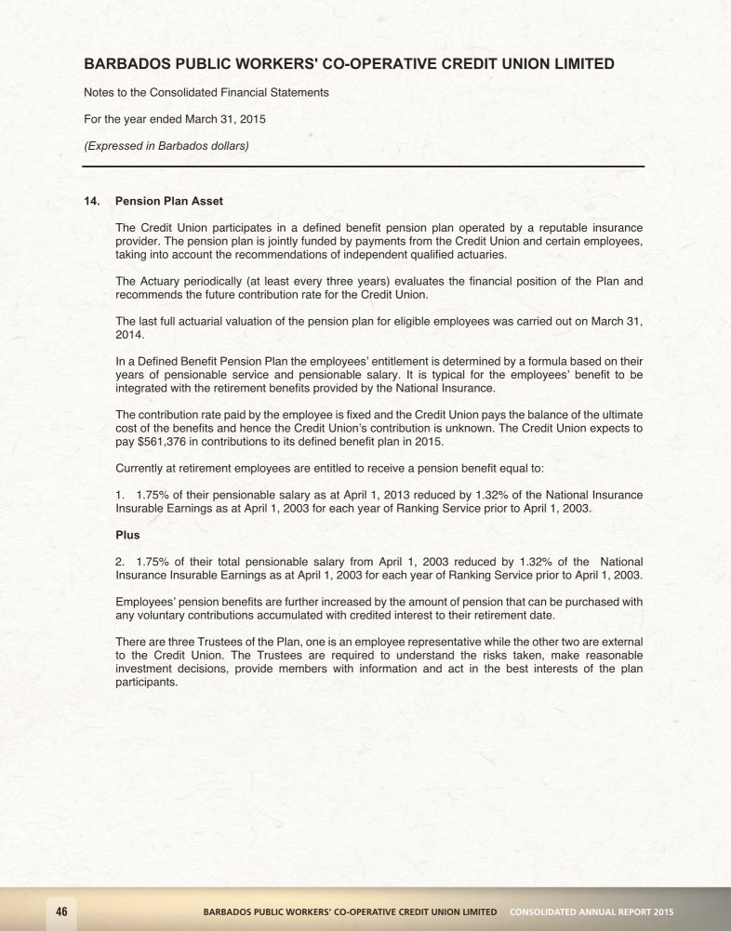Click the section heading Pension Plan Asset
coord(169,201)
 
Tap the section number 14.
coord(92,201)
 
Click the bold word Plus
coord(127,535)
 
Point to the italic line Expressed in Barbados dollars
coord(166,145)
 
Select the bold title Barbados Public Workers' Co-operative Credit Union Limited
coord(349,64)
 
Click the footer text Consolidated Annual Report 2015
coord(591,910)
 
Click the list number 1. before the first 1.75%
coord(120,494)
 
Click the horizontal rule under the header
coord(363,166)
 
